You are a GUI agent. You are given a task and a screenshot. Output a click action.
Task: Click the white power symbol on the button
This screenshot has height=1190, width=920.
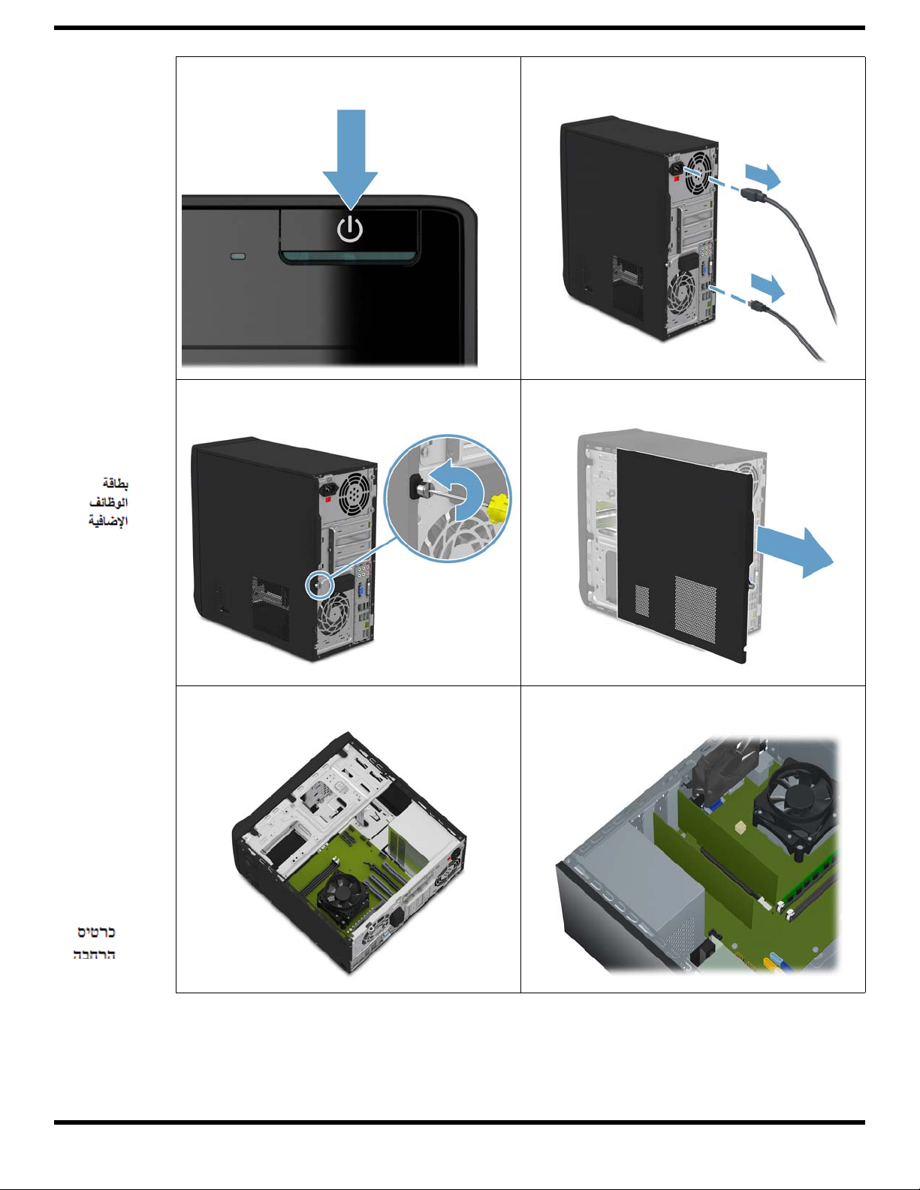tap(350, 229)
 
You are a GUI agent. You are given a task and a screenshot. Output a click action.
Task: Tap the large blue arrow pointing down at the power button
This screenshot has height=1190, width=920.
tap(351, 159)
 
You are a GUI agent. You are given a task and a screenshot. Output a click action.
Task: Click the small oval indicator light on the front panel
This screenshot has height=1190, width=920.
tap(238, 256)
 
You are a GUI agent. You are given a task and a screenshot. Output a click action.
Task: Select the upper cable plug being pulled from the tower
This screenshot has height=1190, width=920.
tap(753, 194)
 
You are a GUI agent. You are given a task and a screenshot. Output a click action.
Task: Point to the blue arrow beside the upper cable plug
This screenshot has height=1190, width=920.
tap(763, 177)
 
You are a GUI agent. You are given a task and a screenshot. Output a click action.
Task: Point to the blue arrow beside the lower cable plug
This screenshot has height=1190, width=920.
tap(768, 287)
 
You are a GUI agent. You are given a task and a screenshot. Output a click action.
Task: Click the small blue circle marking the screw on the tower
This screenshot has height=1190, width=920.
tap(319, 585)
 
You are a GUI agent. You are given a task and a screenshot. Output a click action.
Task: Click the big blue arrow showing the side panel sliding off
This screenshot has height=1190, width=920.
tap(795, 552)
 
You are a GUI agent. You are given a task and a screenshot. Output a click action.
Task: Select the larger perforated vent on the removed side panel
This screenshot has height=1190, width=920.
tap(695, 609)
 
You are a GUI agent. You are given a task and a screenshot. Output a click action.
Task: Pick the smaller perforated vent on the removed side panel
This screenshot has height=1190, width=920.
tap(642, 601)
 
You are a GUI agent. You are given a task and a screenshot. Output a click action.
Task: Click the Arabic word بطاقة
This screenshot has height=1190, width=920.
tap(115, 484)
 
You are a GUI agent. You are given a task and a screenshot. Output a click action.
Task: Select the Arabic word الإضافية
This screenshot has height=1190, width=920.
tap(108, 520)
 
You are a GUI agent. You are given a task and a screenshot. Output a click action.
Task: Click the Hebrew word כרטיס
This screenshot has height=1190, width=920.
tap(96, 932)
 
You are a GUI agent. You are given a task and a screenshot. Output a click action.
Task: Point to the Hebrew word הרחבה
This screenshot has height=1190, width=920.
tap(94, 954)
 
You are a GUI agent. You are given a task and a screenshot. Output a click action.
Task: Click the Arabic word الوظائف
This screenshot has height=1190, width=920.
tap(108, 502)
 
